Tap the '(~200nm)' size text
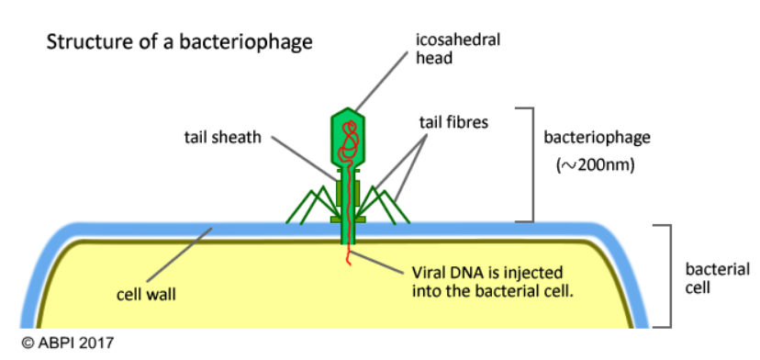(594, 166)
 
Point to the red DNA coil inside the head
(348, 140)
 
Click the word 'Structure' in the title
(82, 41)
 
